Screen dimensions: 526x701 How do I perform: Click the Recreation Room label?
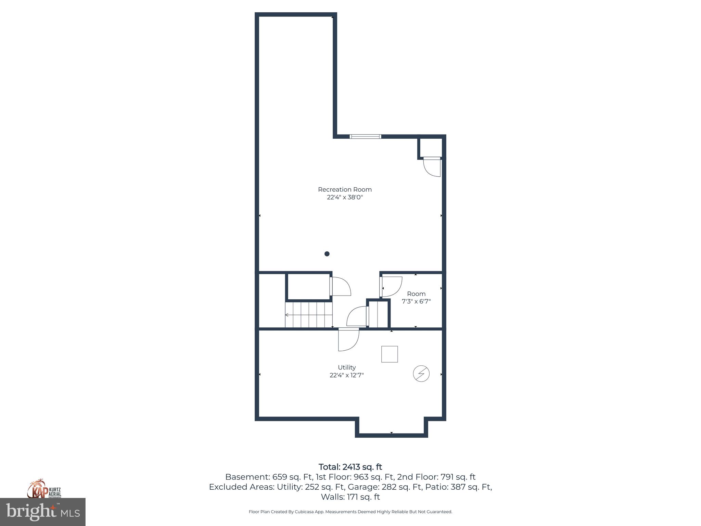(x=345, y=189)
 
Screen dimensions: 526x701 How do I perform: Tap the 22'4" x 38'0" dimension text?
(x=345, y=197)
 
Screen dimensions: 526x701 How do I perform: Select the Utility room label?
(x=347, y=367)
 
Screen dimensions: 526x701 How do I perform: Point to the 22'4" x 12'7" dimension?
(x=347, y=375)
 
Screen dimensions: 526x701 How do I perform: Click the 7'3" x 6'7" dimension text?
(x=416, y=302)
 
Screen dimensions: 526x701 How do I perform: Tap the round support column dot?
(x=327, y=254)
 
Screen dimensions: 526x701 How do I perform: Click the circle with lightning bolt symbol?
(x=421, y=374)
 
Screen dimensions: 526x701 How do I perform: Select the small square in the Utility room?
(x=390, y=354)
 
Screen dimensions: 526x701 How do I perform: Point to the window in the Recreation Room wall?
(x=365, y=137)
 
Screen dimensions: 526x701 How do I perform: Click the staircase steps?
(x=309, y=314)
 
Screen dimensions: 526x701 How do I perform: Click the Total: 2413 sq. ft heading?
(x=350, y=467)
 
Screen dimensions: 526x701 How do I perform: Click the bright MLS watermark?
(x=43, y=512)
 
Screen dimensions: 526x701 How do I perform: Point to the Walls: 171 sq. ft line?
(x=350, y=497)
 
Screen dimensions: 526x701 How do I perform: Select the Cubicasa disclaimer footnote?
(x=350, y=512)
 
